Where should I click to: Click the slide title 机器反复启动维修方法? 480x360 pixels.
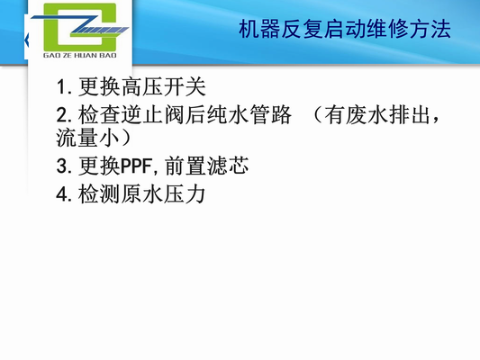point(343,31)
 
